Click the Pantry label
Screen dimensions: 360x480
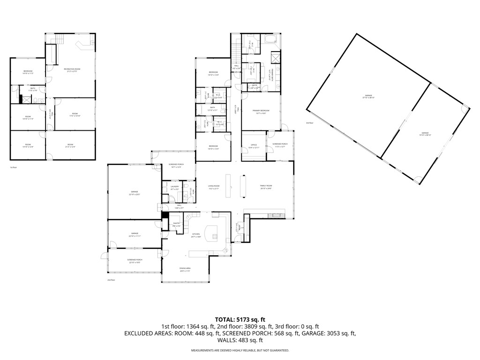point(177,225)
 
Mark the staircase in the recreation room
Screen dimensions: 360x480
point(60,39)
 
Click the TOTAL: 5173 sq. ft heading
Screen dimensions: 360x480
point(240,320)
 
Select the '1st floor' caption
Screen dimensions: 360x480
point(14,167)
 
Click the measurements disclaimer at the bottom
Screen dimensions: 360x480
point(240,351)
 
